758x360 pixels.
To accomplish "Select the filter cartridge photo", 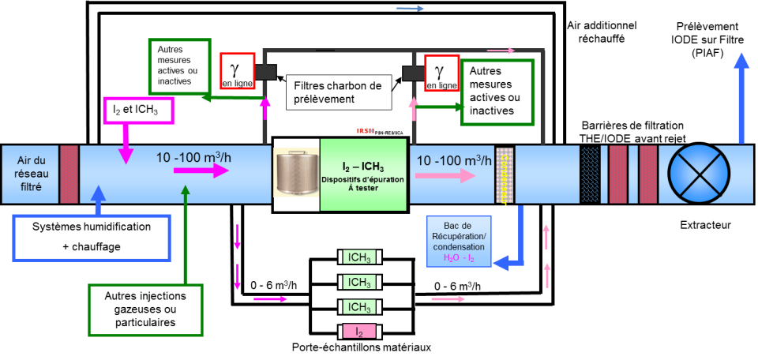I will click(296, 174).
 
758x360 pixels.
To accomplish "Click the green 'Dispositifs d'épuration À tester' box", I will click(362, 174).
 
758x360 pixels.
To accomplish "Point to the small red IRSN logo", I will click(366, 130).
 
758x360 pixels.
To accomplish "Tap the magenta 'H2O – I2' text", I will click(459, 258).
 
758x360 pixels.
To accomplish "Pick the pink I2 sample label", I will click(359, 332).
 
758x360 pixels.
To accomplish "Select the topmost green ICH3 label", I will click(359, 257).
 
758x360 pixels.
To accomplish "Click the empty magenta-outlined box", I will click(138, 111).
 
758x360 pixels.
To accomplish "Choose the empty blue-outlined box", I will click(92, 238).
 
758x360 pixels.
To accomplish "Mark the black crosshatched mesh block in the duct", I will click(589, 174).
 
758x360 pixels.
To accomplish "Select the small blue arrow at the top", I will click(410, 9).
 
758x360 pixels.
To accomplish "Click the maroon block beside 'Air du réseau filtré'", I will click(69, 174).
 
